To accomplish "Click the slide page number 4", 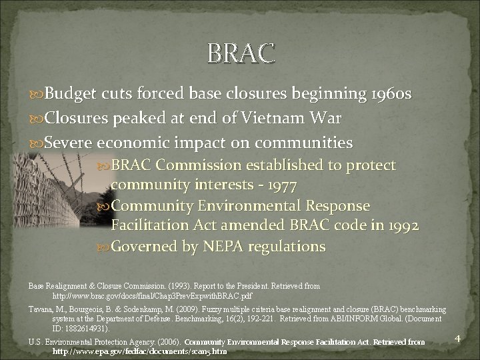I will click(x=457, y=339).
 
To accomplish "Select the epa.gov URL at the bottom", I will click(x=139, y=351).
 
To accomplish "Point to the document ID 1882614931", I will click(x=83, y=329).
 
